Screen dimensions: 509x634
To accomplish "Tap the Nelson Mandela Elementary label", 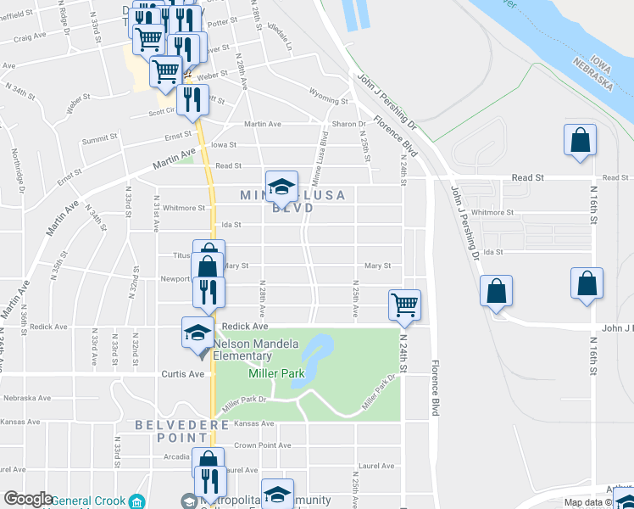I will pos(255,350).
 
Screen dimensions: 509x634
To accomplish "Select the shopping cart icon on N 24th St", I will pos(405,305).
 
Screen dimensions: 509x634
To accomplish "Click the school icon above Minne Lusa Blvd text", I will pos(282,185).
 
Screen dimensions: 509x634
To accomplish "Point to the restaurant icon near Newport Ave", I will pos(209,292).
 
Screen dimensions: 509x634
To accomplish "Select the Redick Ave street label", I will pos(244,326).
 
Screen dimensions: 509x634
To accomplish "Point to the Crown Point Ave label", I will pos(262,445).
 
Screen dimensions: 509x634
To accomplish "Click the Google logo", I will pos(29,499).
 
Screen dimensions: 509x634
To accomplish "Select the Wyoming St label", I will pos(329,100).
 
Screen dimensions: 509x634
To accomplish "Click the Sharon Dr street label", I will pos(348,124).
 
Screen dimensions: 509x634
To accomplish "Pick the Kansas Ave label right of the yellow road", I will pos(255,423).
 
